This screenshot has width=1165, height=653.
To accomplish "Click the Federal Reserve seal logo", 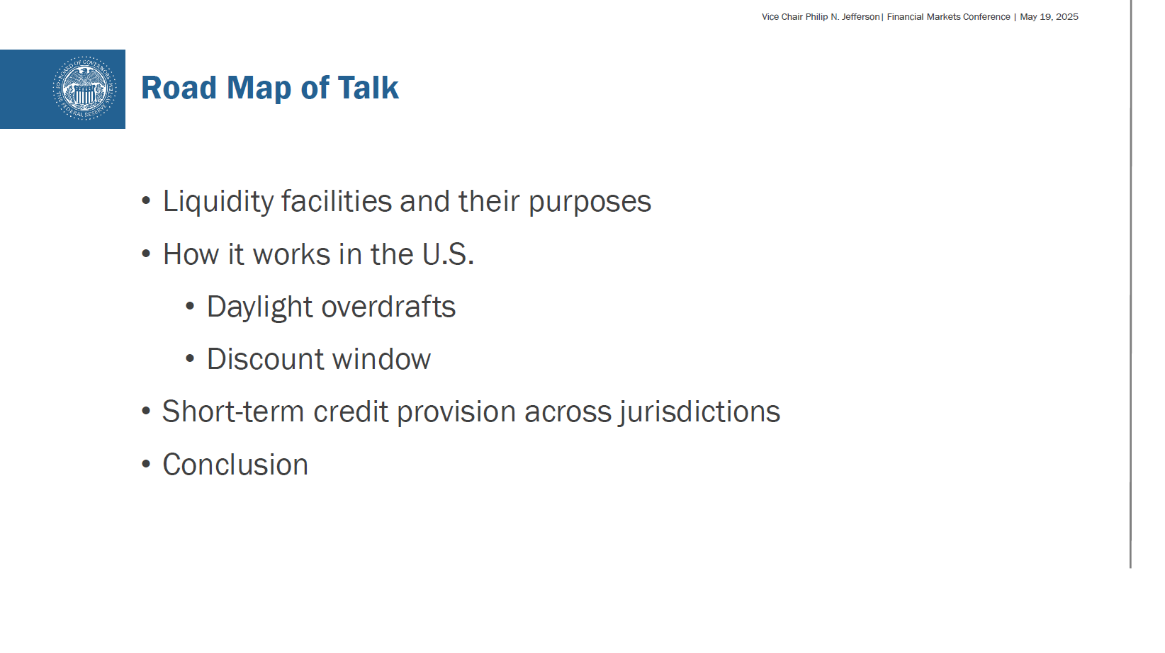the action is [x=84, y=89].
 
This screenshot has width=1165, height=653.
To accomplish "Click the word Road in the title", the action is [x=179, y=87].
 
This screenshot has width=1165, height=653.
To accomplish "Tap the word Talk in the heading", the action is [x=368, y=87].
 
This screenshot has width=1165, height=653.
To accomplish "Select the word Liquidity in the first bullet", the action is [x=218, y=202].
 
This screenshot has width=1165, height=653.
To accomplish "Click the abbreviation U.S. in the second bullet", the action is [x=448, y=254].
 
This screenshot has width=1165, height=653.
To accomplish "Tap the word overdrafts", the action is [x=388, y=306].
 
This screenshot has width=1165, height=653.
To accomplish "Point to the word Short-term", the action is [x=233, y=411].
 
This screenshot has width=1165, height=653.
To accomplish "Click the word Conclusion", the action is [x=235, y=465].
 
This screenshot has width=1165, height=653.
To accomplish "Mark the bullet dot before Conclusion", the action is [x=146, y=464].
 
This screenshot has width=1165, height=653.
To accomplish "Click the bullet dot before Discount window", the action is [x=190, y=358].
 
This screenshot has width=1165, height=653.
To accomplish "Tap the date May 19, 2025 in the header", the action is [x=1049, y=16].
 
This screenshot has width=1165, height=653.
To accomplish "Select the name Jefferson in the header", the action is [x=860, y=16].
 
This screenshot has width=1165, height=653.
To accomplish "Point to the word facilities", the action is [x=337, y=201].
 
